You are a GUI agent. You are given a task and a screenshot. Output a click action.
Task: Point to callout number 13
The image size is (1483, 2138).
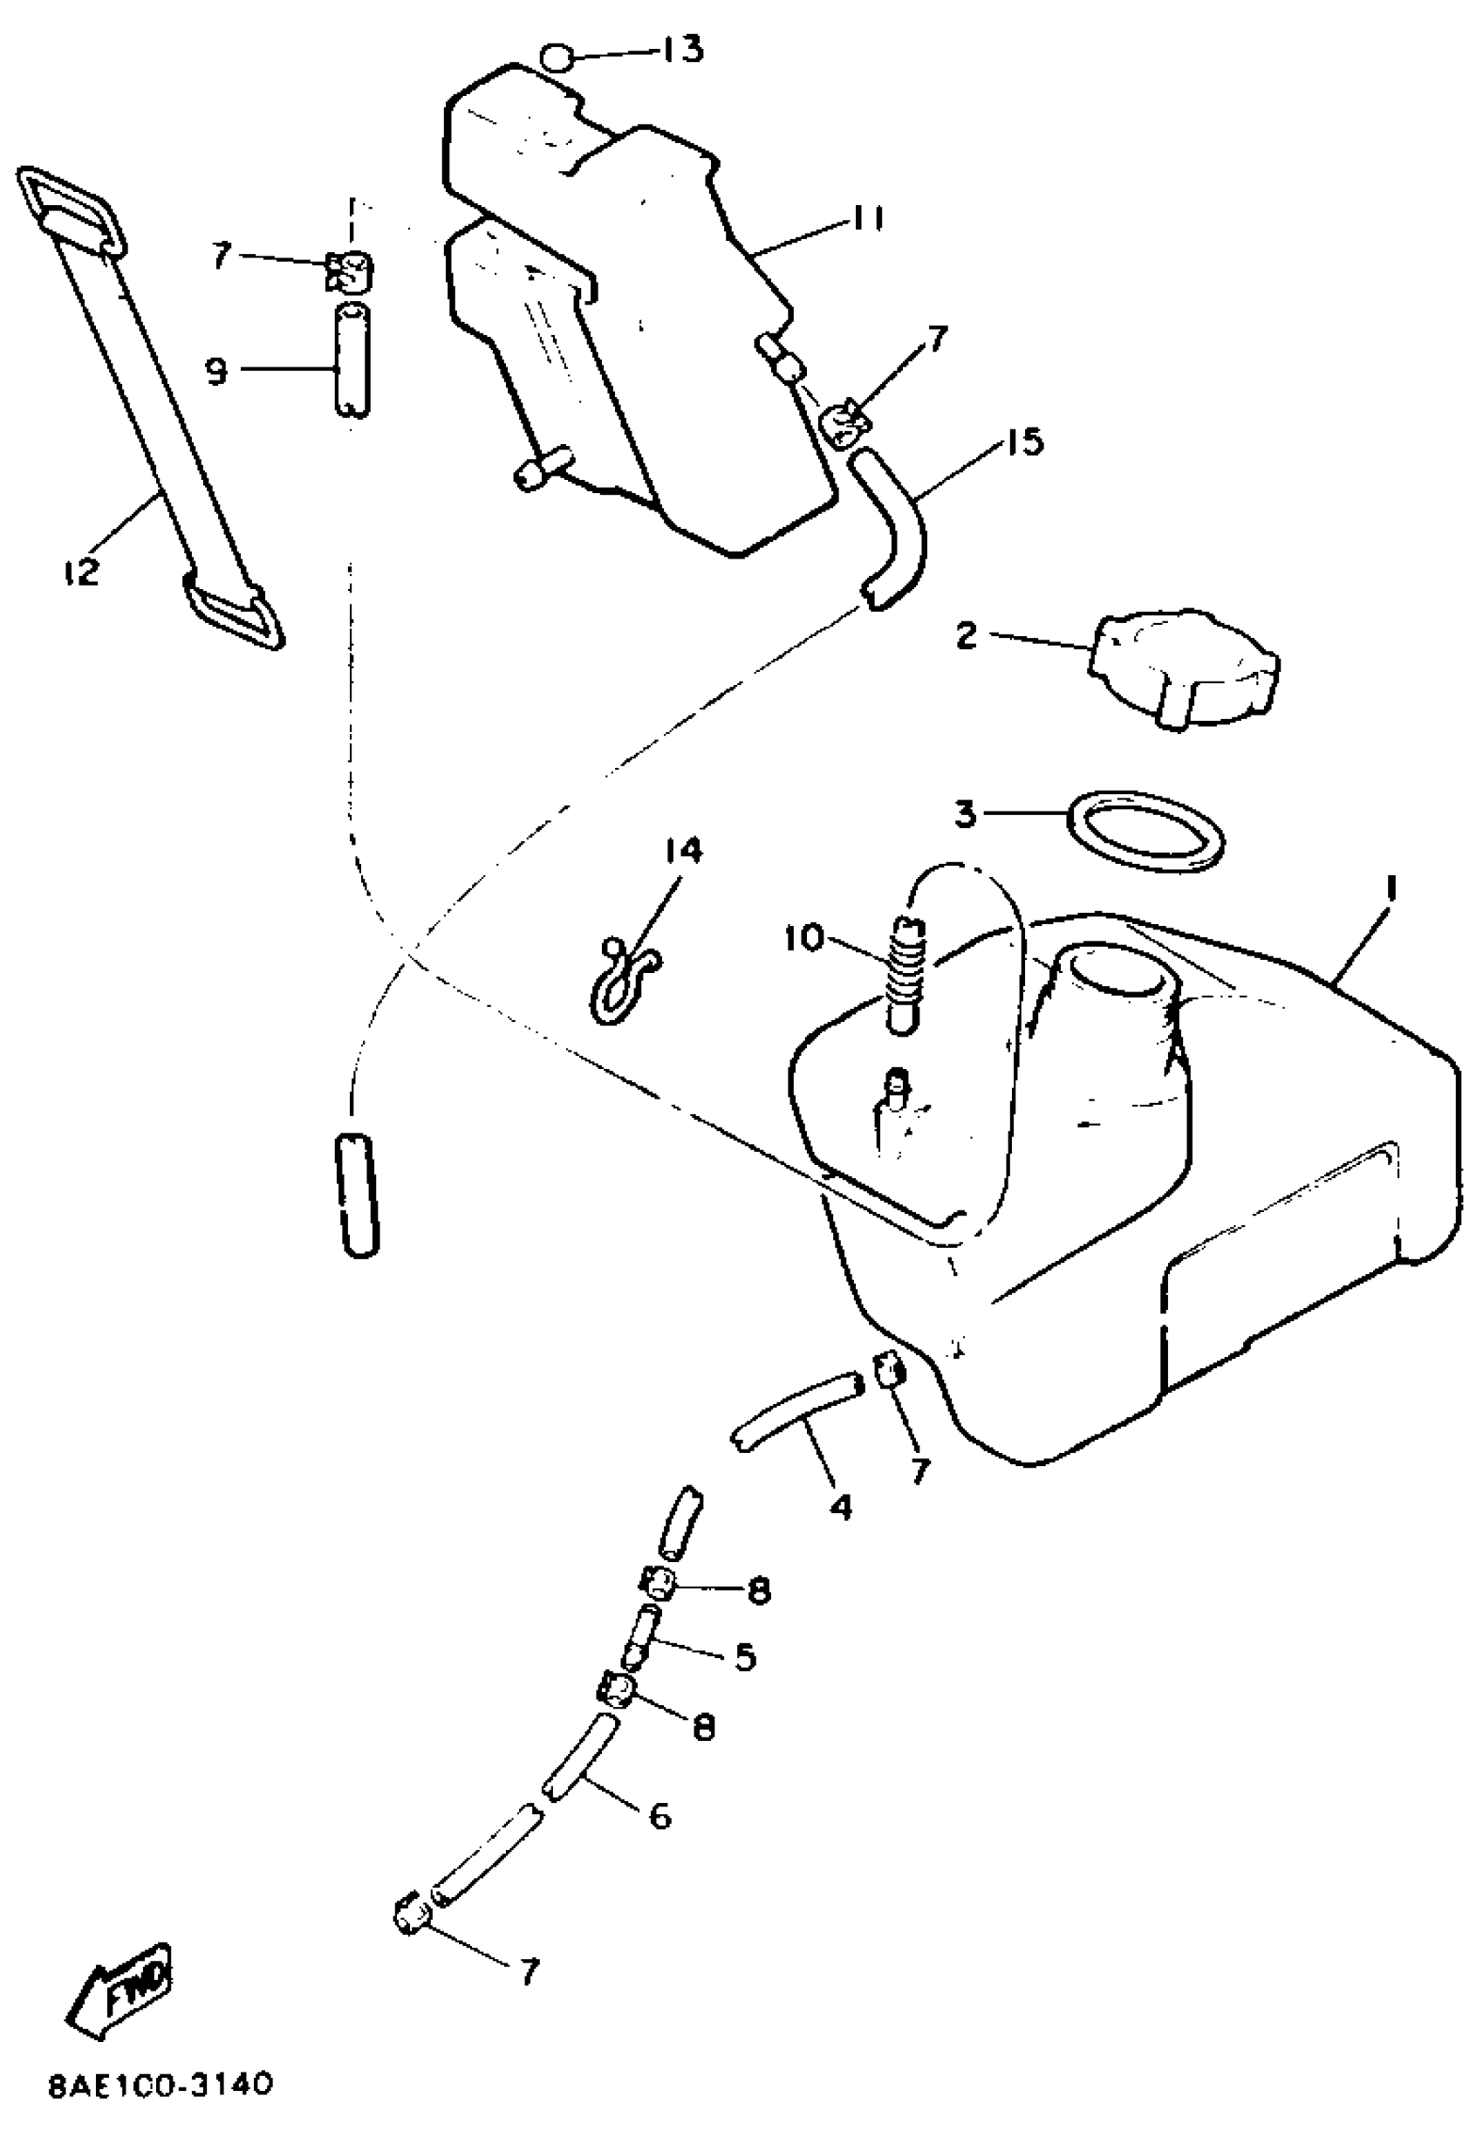(682, 48)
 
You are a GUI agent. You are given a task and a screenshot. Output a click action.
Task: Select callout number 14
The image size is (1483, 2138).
(684, 851)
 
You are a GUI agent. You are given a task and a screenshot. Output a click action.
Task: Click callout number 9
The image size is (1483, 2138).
(215, 371)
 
